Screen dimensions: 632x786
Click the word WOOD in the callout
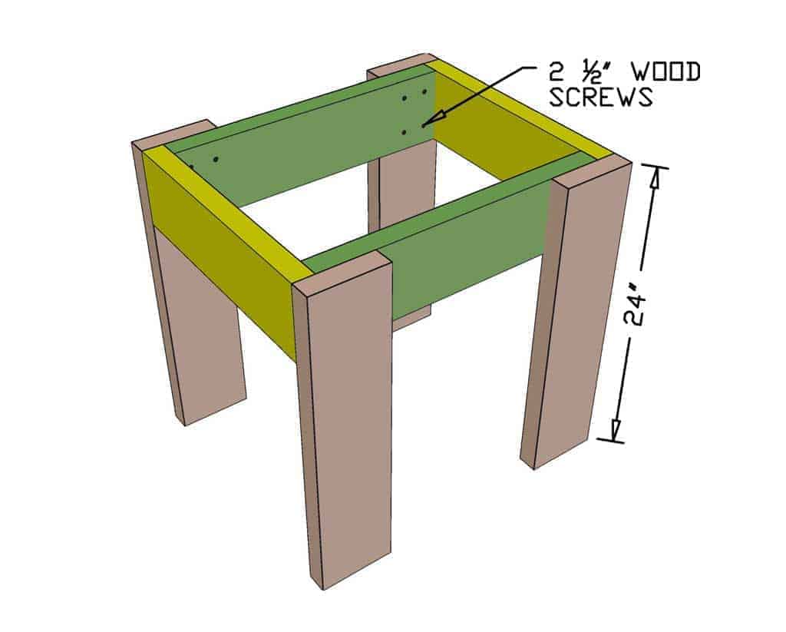[662, 73]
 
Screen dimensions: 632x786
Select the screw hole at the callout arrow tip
[421, 124]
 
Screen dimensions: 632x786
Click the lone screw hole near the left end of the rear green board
[216, 160]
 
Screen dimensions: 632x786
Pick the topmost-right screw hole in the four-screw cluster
[423, 92]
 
